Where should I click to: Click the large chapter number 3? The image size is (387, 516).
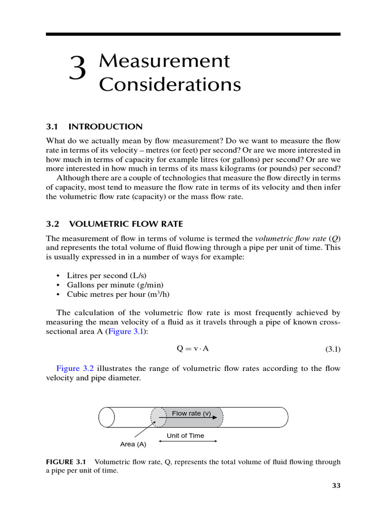point(78,70)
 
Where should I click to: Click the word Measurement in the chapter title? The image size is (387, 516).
point(164,61)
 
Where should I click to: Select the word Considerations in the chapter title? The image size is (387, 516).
point(170,85)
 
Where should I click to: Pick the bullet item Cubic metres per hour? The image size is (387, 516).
point(109,294)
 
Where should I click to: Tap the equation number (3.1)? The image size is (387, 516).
point(331,349)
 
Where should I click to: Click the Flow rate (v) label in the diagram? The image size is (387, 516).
point(191,413)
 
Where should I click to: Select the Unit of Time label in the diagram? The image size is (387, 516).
point(185,435)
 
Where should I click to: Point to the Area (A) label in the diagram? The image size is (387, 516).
point(134,444)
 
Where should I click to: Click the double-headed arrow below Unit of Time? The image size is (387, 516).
point(188,441)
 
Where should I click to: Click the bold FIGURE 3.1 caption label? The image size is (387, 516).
point(66,462)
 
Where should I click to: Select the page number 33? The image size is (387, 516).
point(336,486)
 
